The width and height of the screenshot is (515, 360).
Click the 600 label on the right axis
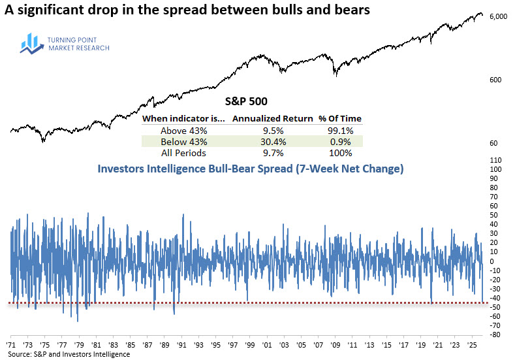[x=495, y=80]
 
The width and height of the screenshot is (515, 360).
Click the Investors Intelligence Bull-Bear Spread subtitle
[x=251, y=169]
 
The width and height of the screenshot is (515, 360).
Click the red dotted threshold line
[x=248, y=303]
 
